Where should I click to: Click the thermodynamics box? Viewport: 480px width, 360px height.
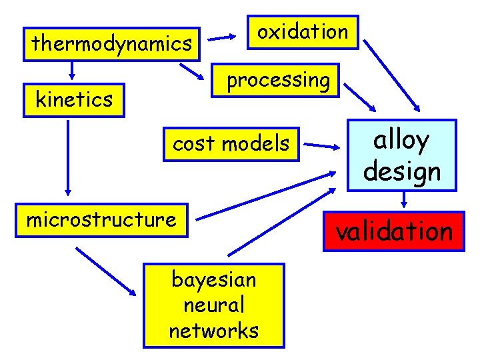111,44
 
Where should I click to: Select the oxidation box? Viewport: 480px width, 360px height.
303,32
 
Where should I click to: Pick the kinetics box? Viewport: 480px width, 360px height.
74,100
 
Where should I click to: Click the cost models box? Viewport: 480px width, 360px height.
231,143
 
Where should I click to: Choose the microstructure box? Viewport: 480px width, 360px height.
101,219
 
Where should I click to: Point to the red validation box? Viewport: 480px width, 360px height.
393,231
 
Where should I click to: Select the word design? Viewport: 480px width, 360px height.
402,171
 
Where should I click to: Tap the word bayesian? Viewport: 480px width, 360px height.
214,279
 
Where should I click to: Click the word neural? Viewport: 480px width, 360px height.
214,305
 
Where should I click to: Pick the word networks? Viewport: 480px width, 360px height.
214,331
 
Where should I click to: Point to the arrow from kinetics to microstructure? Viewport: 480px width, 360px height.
67,156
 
